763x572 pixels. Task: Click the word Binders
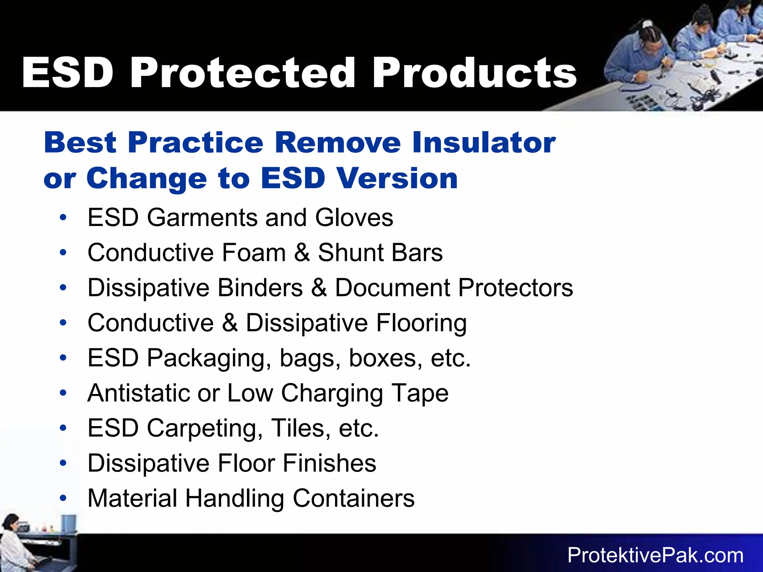[x=260, y=287]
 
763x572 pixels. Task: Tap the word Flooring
[x=421, y=323]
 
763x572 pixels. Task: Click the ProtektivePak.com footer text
[x=655, y=555]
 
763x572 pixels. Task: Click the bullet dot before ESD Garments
[x=63, y=217]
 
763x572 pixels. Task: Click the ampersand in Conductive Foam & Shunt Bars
[x=301, y=252]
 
